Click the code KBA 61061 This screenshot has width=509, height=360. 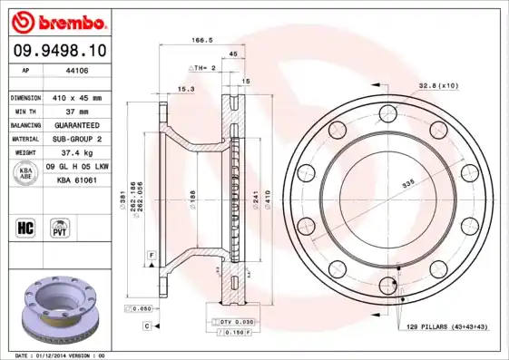(x=77, y=181)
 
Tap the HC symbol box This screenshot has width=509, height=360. (x=25, y=226)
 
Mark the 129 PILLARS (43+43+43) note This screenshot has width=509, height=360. (x=446, y=325)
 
